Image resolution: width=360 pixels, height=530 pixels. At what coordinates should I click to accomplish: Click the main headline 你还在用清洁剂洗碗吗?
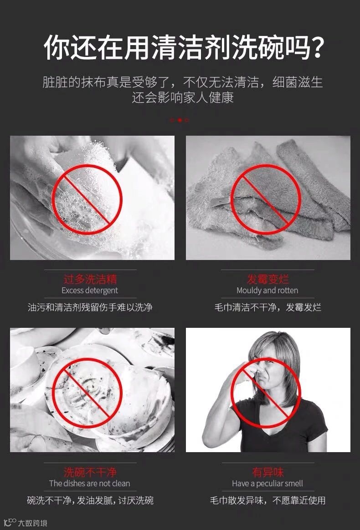[x=184, y=48]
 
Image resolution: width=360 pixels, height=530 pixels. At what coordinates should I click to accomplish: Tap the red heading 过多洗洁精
[x=90, y=279]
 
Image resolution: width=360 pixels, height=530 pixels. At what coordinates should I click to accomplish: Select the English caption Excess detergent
[x=90, y=290]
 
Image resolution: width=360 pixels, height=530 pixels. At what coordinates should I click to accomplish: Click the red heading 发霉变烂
[x=267, y=279]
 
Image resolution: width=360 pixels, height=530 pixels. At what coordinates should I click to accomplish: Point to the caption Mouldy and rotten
[x=267, y=290]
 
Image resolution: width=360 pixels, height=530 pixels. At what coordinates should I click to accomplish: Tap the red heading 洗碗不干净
[x=90, y=472]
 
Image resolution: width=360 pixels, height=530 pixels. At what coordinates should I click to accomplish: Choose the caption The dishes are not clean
[x=90, y=484]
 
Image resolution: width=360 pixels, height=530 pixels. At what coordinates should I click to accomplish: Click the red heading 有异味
[x=267, y=472]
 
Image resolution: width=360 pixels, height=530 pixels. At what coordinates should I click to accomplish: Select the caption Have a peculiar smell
[x=267, y=484]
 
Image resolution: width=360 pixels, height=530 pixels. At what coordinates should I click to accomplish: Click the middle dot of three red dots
[x=180, y=120]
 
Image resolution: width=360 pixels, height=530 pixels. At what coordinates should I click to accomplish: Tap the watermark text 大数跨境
[x=32, y=523]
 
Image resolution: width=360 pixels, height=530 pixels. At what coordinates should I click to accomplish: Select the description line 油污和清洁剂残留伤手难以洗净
[x=90, y=307]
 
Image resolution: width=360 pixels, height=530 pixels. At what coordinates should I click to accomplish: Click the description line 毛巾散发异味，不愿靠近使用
[x=267, y=500]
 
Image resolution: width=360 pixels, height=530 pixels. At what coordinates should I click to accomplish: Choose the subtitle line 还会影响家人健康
[x=183, y=98]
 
